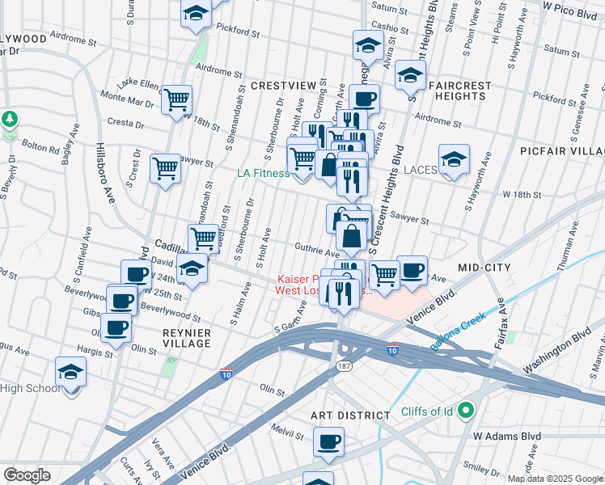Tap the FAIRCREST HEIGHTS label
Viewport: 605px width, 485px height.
(x=457, y=90)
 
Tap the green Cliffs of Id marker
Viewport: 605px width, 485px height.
(x=465, y=411)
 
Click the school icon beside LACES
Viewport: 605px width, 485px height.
(x=454, y=160)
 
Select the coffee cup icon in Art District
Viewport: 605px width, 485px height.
(x=329, y=441)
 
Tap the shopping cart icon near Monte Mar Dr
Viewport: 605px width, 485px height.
(x=176, y=101)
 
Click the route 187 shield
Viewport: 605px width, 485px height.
(x=344, y=366)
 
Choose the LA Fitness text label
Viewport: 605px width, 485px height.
(x=262, y=173)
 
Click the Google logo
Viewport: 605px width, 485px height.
(x=27, y=475)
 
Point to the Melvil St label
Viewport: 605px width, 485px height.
(x=286, y=430)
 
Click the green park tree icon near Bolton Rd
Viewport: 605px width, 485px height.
(x=10, y=119)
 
